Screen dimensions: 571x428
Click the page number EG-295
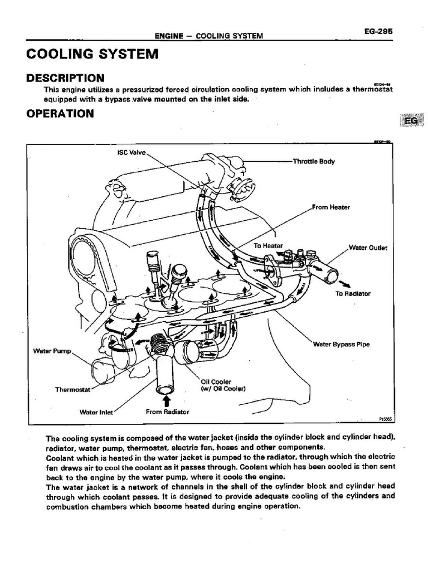(x=378, y=32)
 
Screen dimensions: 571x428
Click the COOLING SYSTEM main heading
(x=93, y=54)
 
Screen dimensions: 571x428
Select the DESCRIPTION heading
(x=65, y=78)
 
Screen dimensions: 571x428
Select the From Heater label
(x=331, y=207)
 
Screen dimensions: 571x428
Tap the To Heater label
(x=269, y=245)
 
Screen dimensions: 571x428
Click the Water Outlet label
(x=367, y=247)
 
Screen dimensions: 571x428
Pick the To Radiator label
(x=353, y=293)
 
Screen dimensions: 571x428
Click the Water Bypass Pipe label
(x=342, y=344)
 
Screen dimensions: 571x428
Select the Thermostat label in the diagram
(x=72, y=390)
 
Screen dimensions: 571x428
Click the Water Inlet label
(x=96, y=413)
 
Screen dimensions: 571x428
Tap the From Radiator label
(x=168, y=412)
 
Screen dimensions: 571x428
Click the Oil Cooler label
(x=216, y=381)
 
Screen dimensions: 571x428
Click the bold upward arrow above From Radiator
(x=166, y=400)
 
